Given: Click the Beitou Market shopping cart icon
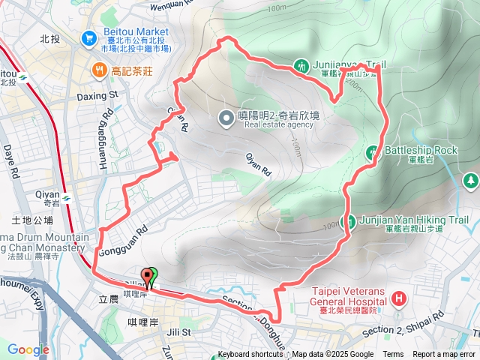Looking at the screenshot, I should tap(89, 36).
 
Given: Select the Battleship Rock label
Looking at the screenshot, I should tap(420, 150).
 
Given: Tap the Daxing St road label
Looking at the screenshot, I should tap(98, 96).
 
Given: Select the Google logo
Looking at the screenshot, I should tap(28, 349).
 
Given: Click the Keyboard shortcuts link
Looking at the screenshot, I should tap(250, 355).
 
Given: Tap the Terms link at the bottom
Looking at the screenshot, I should tap(393, 355).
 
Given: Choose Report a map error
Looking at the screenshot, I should tap(445, 355).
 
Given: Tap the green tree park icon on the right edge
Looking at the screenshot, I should tap(470, 180).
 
